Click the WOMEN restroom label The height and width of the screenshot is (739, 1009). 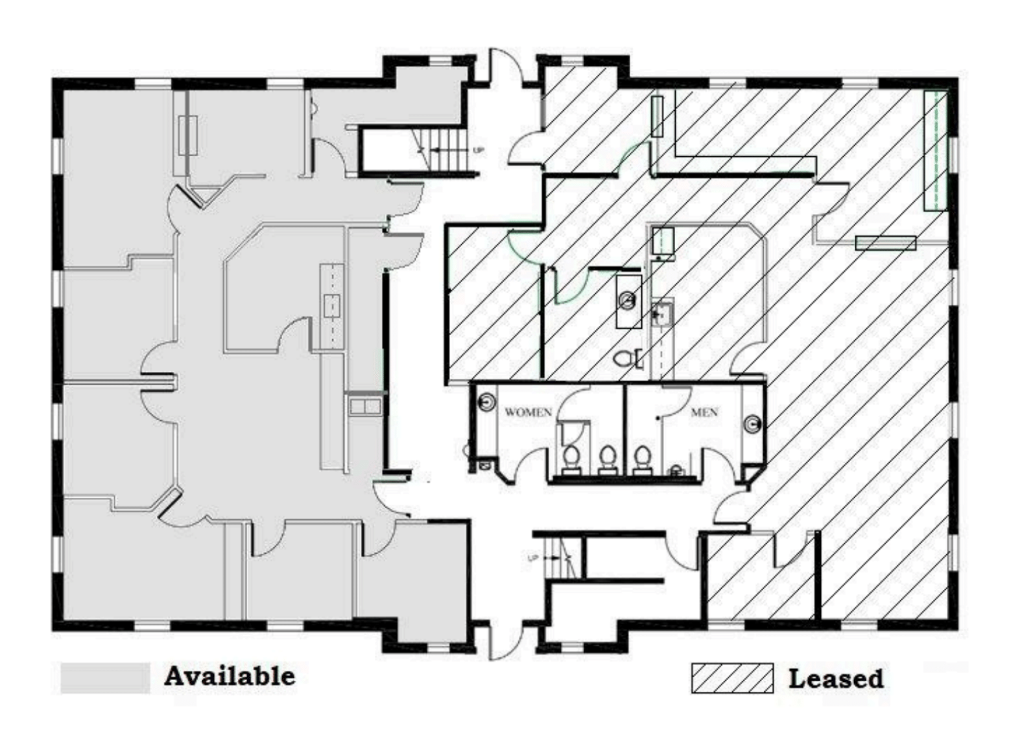(528, 412)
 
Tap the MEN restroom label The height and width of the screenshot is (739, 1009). (704, 412)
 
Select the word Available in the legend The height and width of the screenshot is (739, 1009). (230, 676)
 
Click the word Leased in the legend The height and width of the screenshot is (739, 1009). (836, 679)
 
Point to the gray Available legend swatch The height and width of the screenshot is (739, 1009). (106, 678)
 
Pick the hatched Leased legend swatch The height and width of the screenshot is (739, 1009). (732, 678)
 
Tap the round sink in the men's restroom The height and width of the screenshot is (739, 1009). (753, 423)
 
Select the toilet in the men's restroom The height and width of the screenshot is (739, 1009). (641, 460)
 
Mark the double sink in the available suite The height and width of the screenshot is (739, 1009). (365, 406)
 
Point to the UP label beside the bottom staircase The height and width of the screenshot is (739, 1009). (533, 558)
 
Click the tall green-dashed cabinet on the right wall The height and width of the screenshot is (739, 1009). (936, 150)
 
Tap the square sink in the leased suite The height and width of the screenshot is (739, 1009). (661, 314)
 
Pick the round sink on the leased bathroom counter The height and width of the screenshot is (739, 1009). (628, 300)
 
